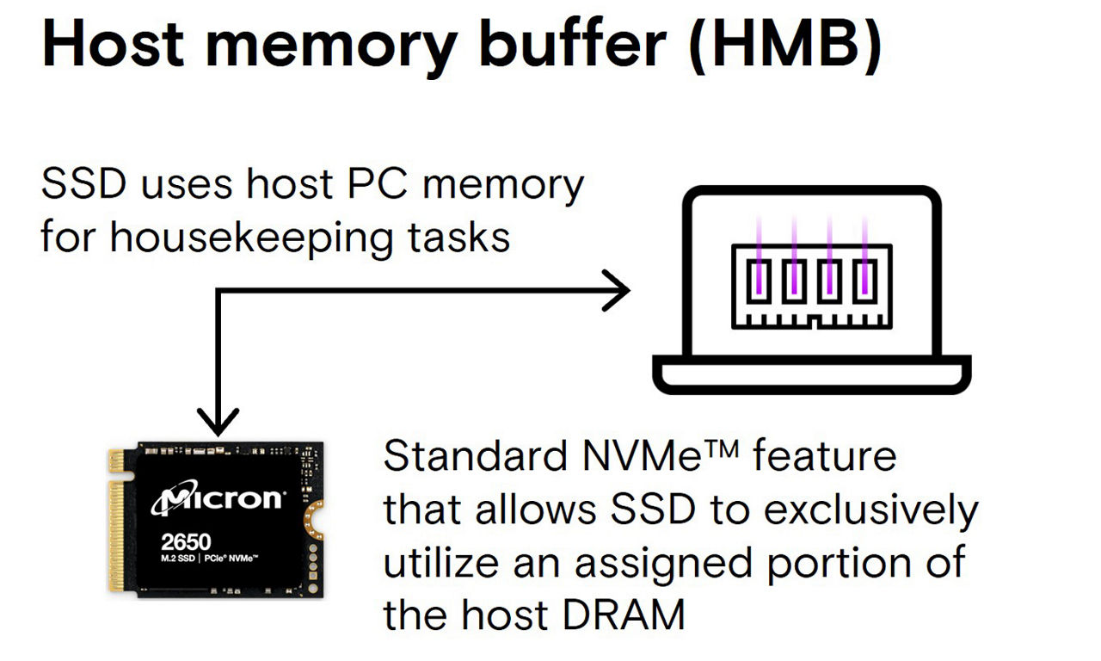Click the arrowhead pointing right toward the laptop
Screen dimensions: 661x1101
pos(618,291)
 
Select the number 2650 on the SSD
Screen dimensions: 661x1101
pos(186,543)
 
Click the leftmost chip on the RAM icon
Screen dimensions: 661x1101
pos(758,281)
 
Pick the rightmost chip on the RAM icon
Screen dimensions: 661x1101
pos(864,281)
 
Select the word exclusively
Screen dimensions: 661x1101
pos(871,510)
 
